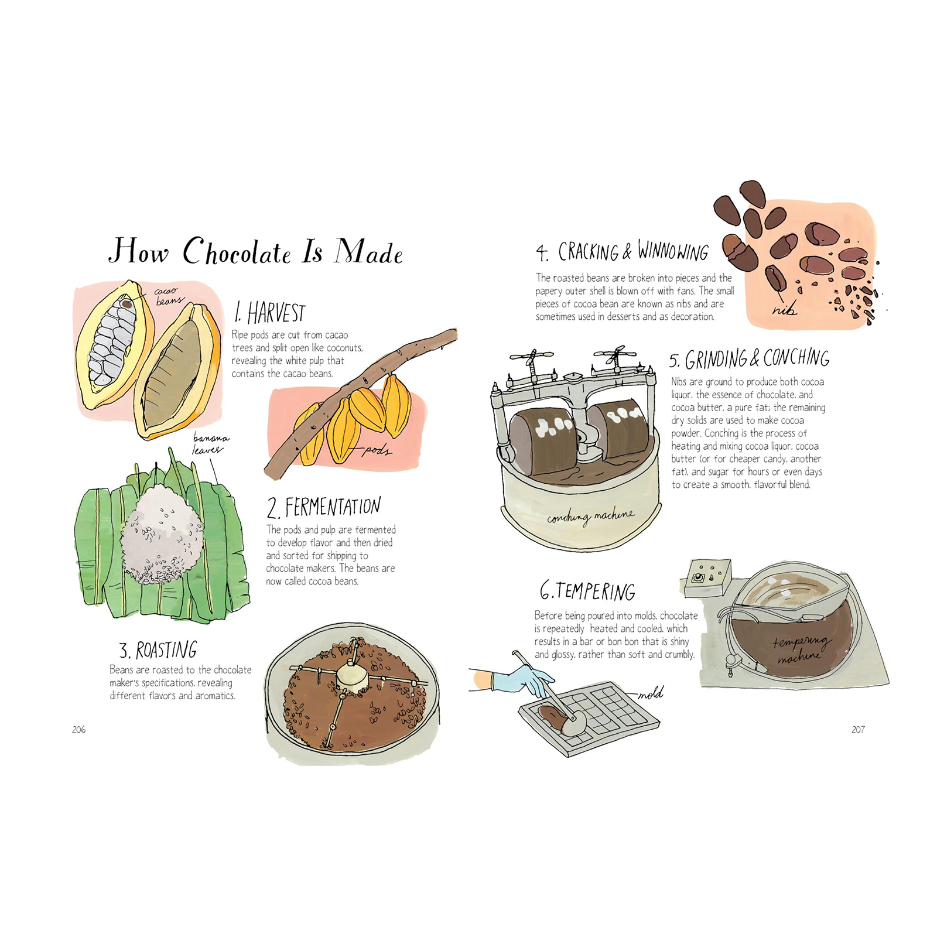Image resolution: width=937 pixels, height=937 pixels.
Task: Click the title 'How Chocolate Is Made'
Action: (256, 251)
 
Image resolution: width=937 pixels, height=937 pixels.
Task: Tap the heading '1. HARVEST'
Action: (270, 313)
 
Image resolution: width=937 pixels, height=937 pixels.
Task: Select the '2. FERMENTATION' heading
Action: (324, 507)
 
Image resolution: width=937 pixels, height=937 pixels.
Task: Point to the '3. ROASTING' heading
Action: (158, 650)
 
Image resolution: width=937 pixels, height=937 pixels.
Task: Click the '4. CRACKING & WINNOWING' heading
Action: (622, 251)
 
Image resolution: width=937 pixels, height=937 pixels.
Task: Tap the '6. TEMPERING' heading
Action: (587, 591)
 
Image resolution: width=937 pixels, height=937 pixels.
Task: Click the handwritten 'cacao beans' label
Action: (169, 296)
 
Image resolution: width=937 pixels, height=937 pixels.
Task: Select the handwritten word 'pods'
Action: (377, 450)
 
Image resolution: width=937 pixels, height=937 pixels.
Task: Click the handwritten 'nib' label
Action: (784, 309)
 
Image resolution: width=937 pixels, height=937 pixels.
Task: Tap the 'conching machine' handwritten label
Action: (590, 517)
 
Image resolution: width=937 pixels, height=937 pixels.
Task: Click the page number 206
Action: (78, 729)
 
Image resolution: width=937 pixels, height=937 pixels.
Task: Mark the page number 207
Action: (858, 729)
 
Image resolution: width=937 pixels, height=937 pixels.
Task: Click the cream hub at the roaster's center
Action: (352, 678)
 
